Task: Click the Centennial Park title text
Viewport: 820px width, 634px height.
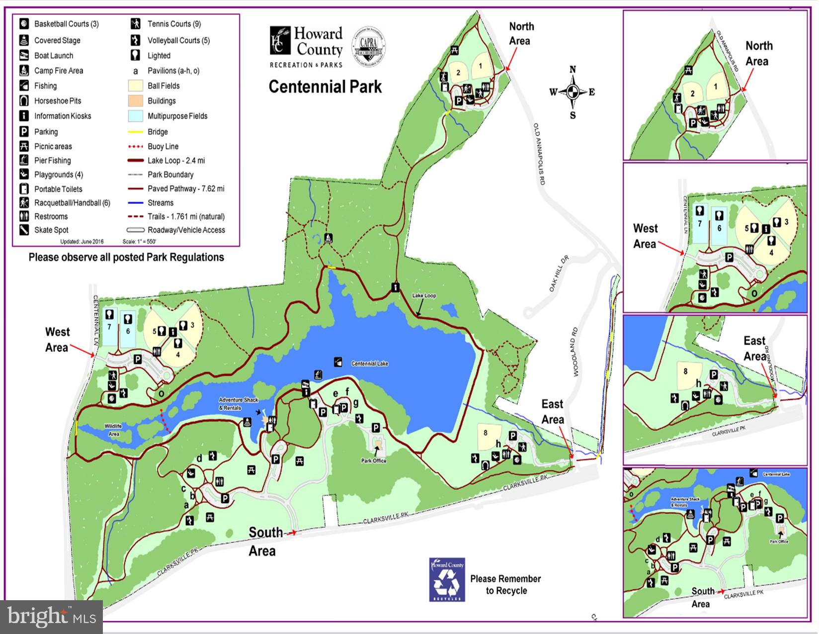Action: pyautogui.click(x=325, y=87)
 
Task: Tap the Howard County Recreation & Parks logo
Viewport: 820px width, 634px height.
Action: pyautogui.click(x=306, y=47)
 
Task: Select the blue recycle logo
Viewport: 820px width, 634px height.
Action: pyautogui.click(x=447, y=580)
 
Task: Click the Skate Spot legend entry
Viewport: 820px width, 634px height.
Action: pyautogui.click(x=51, y=230)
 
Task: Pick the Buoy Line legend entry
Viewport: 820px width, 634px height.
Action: pyautogui.click(x=163, y=147)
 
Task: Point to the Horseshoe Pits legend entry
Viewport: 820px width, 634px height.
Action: pyautogui.click(x=57, y=101)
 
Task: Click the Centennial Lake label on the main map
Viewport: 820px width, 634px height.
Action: pyautogui.click(x=369, y=363)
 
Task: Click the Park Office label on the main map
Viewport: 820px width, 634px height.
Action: pyautogui.click(x=374, y=461)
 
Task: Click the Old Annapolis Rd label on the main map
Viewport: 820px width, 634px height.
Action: pyautogui.click(x=540, y=154)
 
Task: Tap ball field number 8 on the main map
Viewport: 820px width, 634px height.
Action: pyautogui.click(x=486, y=433)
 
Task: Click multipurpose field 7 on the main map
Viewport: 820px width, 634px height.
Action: pyautogui.click(x=109, y=327)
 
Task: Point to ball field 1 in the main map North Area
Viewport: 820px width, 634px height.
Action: pyautogui.click(x=480, y=66)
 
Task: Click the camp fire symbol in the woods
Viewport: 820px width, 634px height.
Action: pyautogui.click(x=328, y=238)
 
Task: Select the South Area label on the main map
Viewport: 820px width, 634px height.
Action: pyautogui.click(x=264, y=541)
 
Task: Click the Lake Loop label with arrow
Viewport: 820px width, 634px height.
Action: pyautogui.click(x=424, y=296)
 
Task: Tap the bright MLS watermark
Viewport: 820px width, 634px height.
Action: pyautogui.click(x=52, y=617)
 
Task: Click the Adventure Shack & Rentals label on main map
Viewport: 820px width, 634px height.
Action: pyautogui.click(x=238, y=404)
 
